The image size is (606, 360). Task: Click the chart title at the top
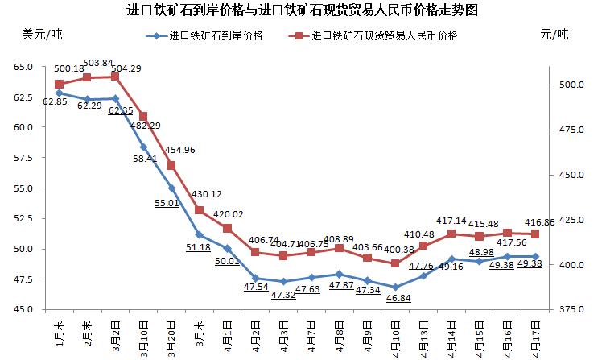click(x=303, y=10)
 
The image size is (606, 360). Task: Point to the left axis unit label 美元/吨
click(x=42, y=34)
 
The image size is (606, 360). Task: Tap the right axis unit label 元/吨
click(x=554, y=34)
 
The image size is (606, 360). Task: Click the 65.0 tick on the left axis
click(x=23, y=66)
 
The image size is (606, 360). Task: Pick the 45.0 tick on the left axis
click(x=23, y=309)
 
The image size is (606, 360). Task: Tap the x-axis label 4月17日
click(x=536, y=337)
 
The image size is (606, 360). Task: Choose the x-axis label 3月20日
click(x=171, y=337)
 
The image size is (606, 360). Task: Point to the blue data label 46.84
click(x=395, y=298)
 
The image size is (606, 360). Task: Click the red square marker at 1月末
click(x=59, y=84)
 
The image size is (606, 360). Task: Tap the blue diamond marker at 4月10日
click(x=395, y=287)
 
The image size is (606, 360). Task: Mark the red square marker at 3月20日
click(x=171, y=165)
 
